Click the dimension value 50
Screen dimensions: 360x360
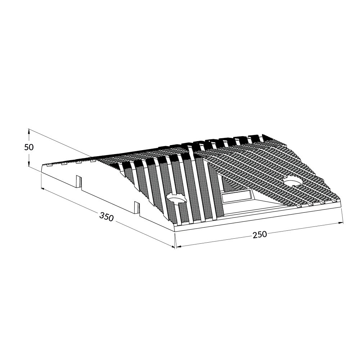click(x=29, y=147)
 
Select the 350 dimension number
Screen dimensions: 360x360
click(x=107, y=217)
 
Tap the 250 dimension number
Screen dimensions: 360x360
click(x=260, y=235)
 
